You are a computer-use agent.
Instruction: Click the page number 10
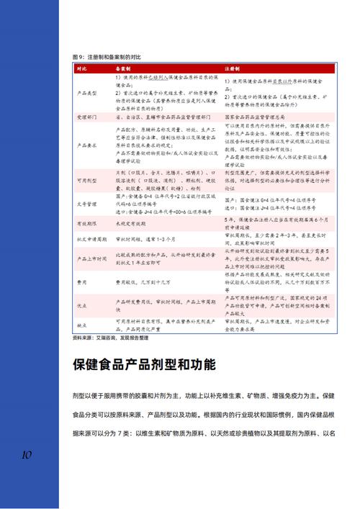coord(26,455)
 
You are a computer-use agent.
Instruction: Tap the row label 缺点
coord(85,325)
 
